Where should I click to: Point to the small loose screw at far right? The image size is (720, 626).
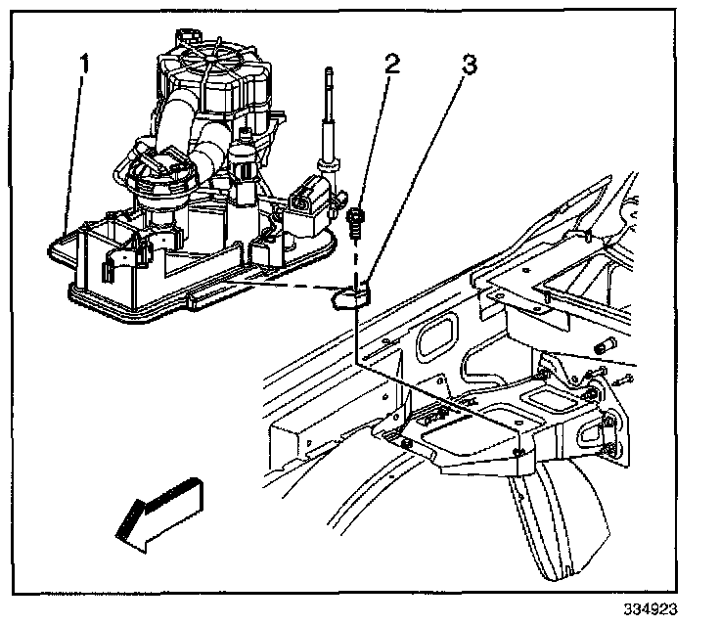point(627,376)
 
